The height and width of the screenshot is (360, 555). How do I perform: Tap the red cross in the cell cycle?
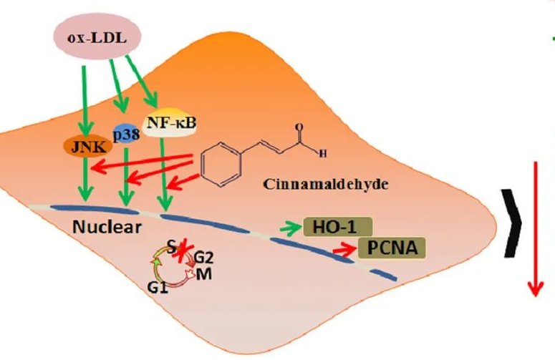pos(180,253)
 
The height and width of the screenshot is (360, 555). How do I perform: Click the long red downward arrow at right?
pos(534,229)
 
